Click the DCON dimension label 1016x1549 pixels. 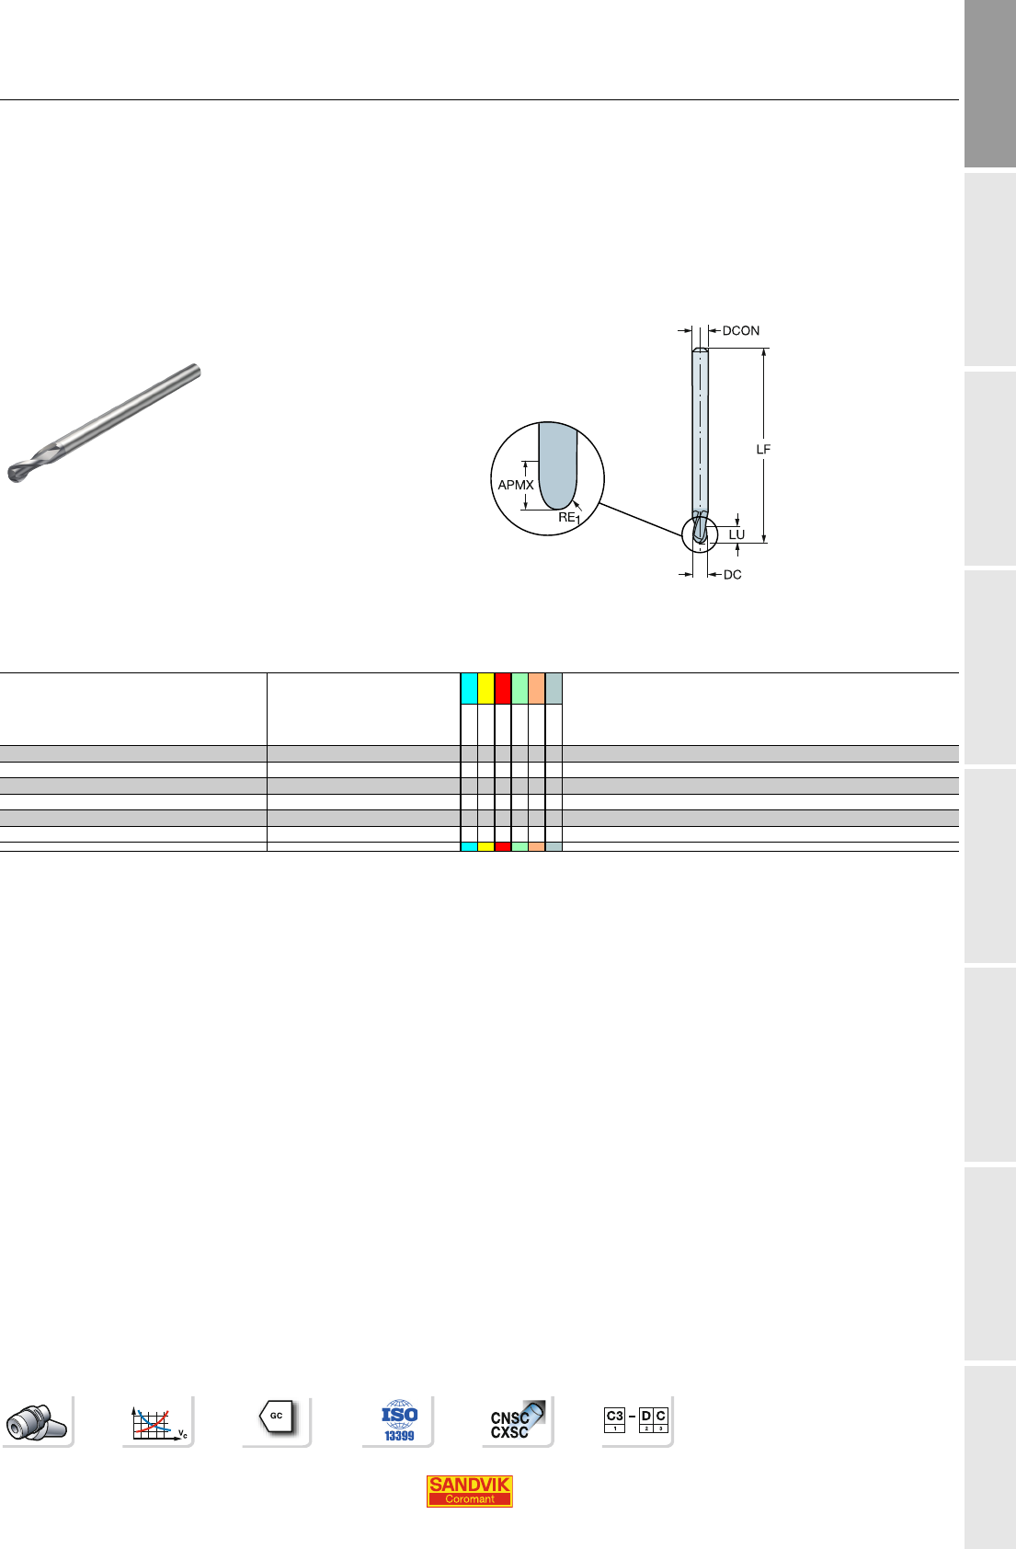click(740, 330)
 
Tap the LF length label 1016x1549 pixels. click(763, 450)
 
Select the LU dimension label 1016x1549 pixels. click(736, 534)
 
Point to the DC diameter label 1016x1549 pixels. click(732, 575)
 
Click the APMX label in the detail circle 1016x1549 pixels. click(516, 485)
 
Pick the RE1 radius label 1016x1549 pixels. click(569, 518)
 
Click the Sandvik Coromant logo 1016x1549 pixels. click(469, 1490)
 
